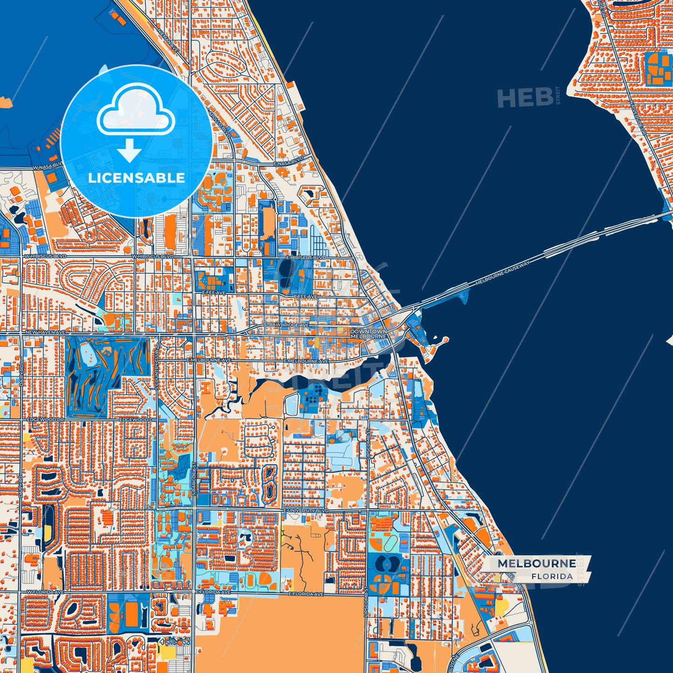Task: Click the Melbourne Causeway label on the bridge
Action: click(503, 273)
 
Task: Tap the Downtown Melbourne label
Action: click(368, 334)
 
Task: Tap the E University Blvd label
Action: click(306, 510)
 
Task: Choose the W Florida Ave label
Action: click(45, 592)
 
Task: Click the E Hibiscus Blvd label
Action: click(306, 258)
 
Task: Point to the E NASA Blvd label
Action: click(289, 161)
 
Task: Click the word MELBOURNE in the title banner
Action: click(537, 564)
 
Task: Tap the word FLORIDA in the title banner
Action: click(552, 576)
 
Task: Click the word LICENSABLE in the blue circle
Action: click(136, 177)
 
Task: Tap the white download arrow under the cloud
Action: click(129, 150)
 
